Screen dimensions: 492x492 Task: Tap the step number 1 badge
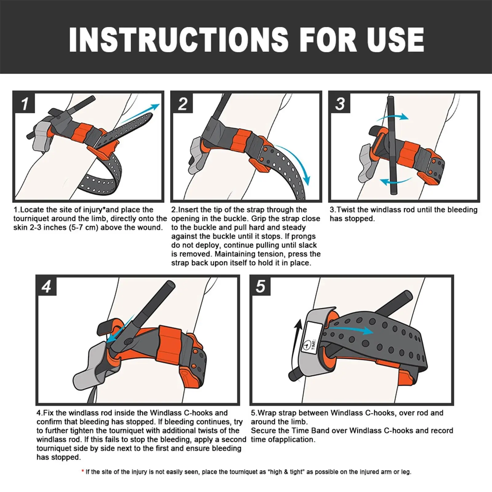pyautogui.click(x=24, y=103)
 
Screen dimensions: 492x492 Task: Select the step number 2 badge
pyautogui.click(x=182, y=103)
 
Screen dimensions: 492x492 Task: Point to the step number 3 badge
pyautogui.click(x=340, y=103)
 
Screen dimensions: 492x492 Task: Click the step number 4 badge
pyautogui.click(x=47, y=286)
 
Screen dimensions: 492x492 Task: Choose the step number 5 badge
pyautogui.click(x=261, y=286)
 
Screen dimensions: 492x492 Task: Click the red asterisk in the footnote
pyautogui.click(x=83, y=471)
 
